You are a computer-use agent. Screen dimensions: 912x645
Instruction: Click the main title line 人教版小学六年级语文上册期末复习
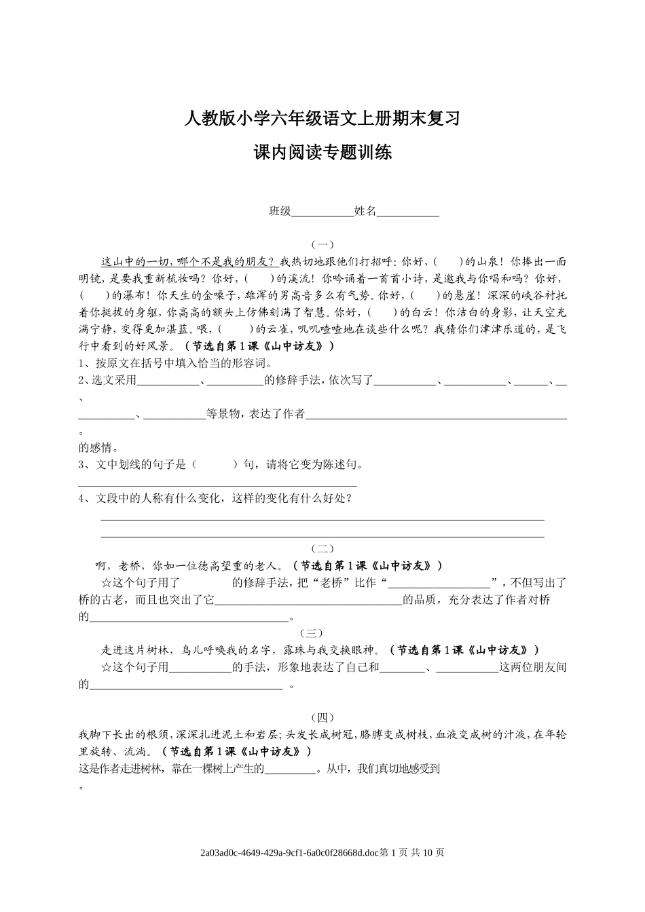322,119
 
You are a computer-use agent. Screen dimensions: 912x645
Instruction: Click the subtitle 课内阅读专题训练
322,153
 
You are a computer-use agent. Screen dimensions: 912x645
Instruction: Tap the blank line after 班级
322,212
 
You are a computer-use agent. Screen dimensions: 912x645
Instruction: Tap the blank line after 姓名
408,212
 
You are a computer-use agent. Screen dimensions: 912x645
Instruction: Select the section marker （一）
322,244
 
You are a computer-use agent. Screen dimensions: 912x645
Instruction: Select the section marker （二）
322,548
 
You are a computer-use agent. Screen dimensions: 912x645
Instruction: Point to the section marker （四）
322,717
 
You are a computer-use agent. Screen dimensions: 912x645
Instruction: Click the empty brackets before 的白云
383,313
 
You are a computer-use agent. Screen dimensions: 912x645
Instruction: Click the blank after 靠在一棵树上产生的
290,769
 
